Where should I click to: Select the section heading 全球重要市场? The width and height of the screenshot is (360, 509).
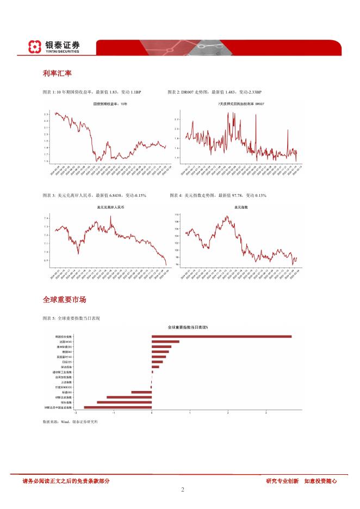[64, 300]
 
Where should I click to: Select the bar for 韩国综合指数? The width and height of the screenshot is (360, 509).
[221, 337]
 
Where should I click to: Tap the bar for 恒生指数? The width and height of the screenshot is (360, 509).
[124, 402]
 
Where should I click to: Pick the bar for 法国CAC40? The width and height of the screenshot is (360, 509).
[165, 342]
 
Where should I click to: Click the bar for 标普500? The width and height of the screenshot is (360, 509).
[141, 392]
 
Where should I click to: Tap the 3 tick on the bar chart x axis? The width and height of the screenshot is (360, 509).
[266, 413]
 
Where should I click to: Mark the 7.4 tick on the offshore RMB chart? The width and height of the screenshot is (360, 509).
[47, 218]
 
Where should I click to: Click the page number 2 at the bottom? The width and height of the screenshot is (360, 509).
[183, 489]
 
